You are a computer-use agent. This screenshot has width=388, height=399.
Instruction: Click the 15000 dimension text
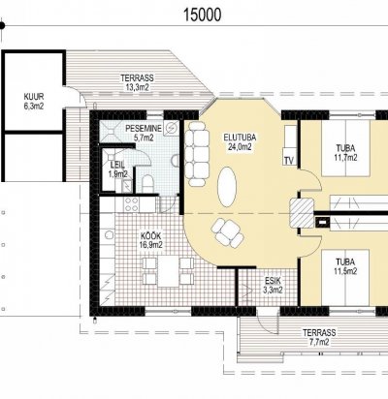203,15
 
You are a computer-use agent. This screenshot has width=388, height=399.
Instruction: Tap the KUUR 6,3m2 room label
34,102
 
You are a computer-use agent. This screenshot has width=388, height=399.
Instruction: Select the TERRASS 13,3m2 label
137,82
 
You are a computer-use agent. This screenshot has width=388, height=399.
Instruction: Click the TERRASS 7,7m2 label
319,337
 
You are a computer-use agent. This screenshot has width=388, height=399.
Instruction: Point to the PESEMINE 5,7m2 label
144,133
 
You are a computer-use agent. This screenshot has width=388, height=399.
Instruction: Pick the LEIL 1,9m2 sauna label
117,169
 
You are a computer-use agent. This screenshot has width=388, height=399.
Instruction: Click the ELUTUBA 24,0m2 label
240,142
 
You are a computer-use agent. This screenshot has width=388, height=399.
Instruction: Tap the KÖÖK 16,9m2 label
150,240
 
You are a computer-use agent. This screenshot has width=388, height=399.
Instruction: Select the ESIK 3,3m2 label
273,285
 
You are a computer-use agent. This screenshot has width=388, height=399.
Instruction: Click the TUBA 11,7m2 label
345,153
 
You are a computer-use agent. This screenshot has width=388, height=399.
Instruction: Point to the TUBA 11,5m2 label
345,266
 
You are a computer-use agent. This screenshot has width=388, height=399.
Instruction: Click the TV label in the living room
289,160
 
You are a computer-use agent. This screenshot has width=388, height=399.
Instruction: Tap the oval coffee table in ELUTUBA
227,187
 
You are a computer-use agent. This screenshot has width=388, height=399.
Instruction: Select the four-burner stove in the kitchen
131,204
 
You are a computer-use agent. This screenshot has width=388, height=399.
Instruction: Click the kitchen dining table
168,271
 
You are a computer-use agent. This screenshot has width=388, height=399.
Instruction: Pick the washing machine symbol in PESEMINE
172,128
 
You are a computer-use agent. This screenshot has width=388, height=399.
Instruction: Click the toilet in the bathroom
147,184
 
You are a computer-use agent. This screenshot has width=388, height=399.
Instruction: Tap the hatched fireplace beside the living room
302,213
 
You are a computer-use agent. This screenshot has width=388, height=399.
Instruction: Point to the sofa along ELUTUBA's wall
197,154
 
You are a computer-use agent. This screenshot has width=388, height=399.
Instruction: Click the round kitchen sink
109,234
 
